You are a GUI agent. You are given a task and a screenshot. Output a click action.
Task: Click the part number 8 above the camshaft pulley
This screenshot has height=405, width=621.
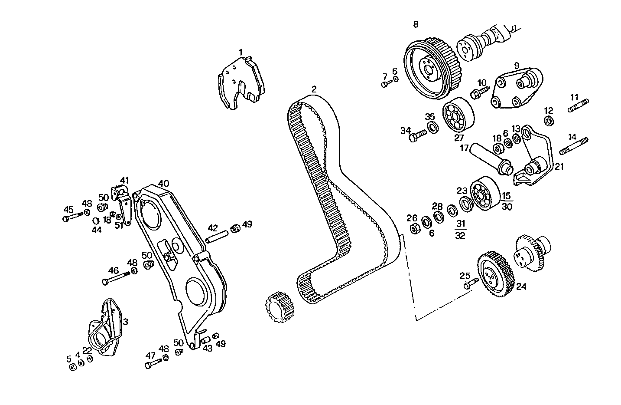(x=416, y=24)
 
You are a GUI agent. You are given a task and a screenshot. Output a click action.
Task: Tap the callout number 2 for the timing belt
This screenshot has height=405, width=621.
(x=314, y=89)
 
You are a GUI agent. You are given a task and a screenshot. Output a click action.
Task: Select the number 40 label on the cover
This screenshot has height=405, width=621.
(x=163, y=183)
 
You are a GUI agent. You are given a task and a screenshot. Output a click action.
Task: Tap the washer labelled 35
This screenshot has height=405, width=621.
(x=432, y=127)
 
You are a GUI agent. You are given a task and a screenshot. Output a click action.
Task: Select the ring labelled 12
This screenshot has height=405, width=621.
(x=549, y=121)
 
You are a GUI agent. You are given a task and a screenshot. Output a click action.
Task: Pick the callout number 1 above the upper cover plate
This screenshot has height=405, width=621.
(x=241, y=53)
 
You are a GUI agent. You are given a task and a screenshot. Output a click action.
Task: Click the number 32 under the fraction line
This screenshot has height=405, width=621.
(x=461, y=236)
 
